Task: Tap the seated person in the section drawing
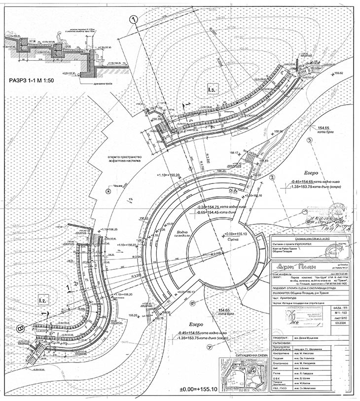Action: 60,39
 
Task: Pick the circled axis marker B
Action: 20,327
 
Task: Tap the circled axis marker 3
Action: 310,140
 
